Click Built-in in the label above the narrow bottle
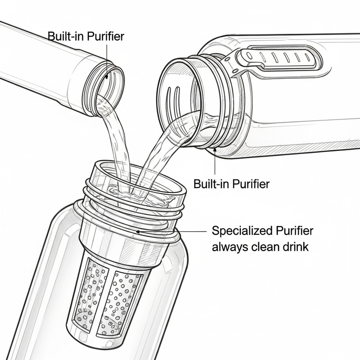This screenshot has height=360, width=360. tap(65, 36)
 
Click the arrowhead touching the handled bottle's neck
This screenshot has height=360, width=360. tap(215, 150)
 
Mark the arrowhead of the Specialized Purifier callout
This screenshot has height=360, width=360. tap(138, 232)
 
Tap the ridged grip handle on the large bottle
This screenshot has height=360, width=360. tap(279, 56)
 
